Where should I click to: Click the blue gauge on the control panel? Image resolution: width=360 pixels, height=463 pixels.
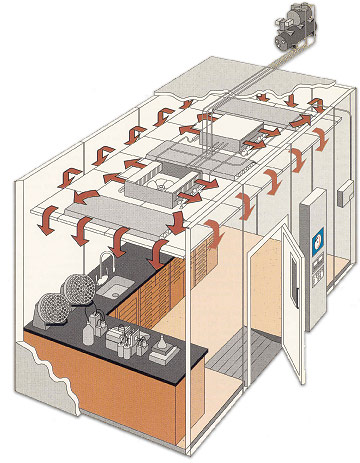316,241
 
